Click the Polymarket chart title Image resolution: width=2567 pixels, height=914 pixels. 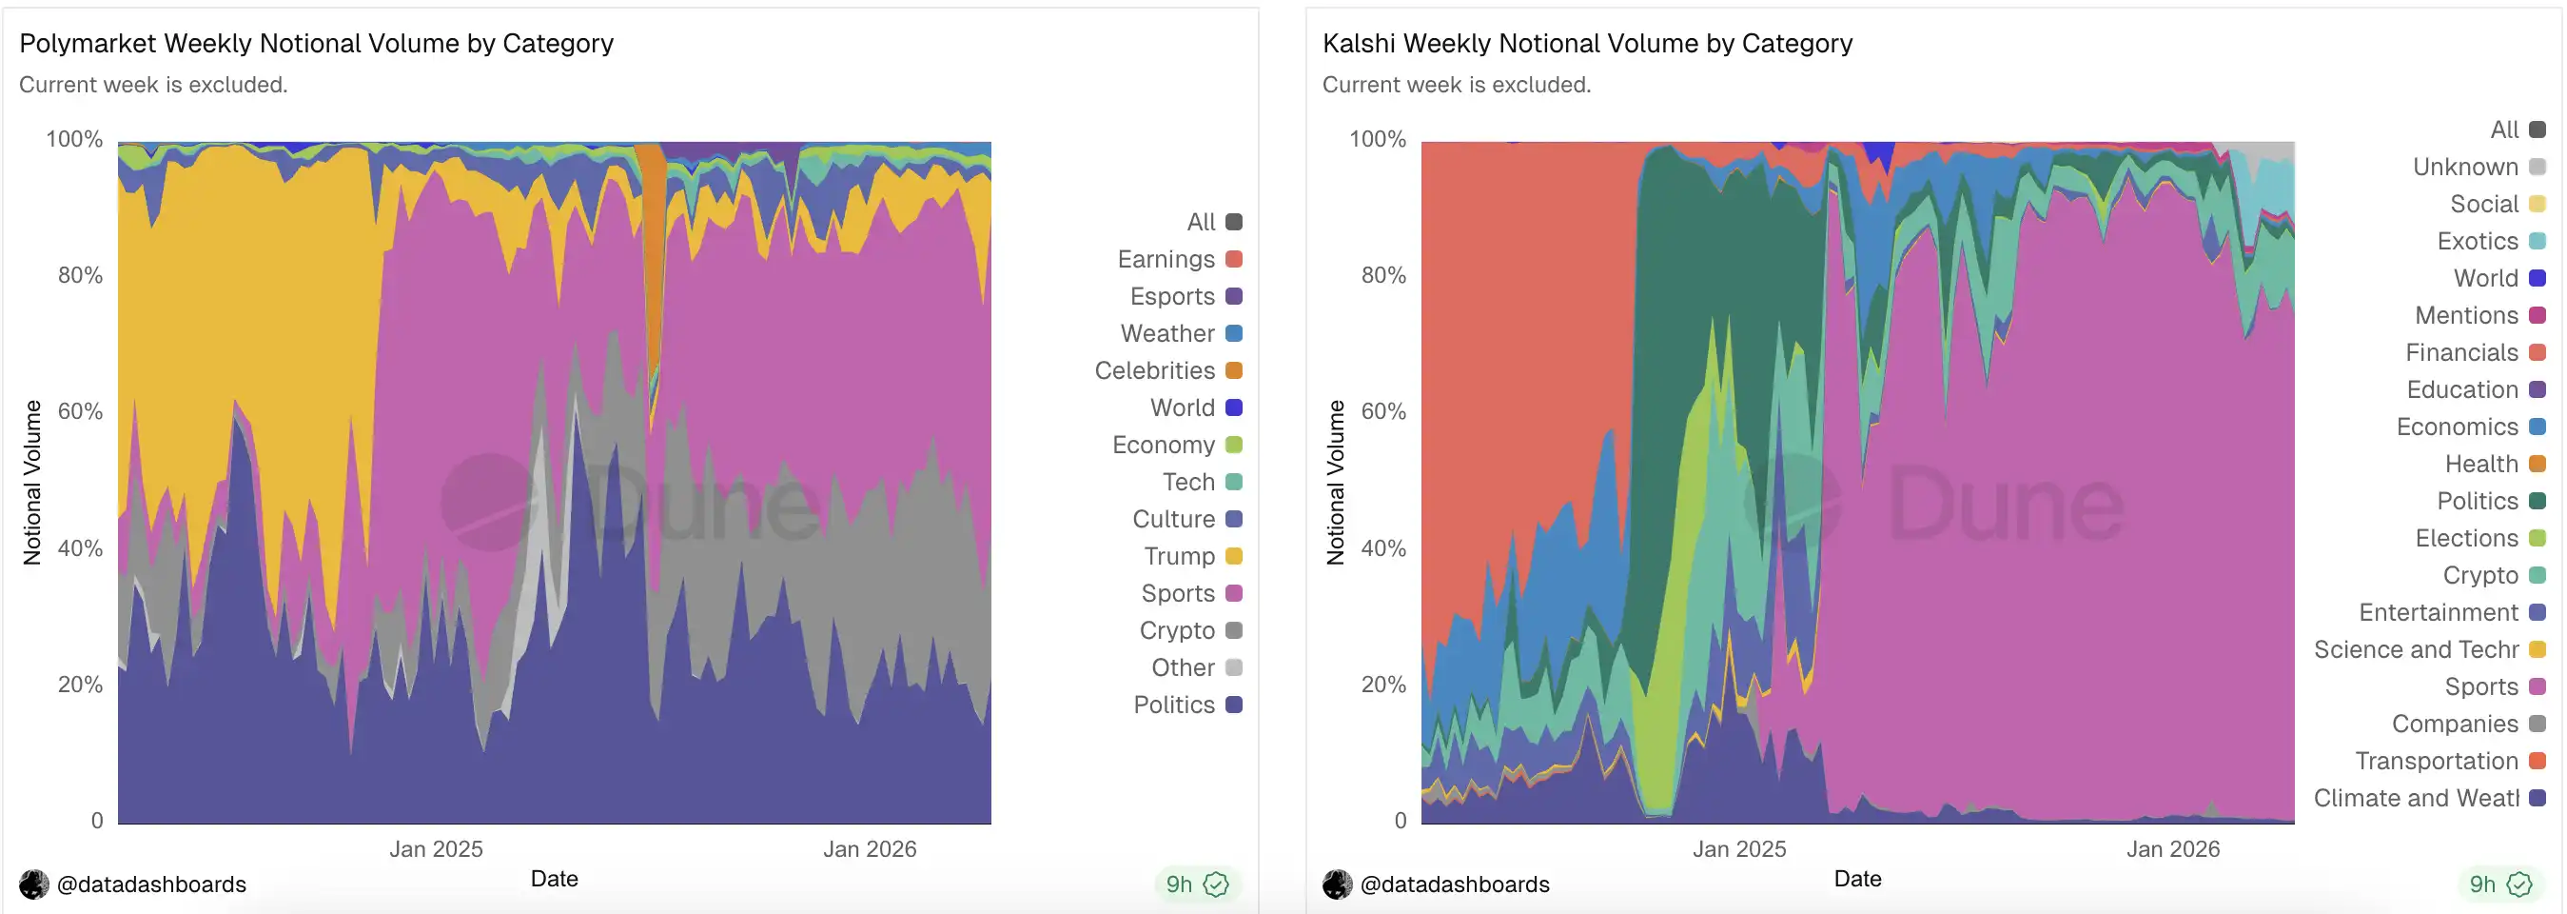(x=316, y=44)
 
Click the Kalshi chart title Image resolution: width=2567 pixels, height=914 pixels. (x=1586, y=44)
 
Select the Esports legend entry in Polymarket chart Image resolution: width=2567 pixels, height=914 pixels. (x=1185, y=297)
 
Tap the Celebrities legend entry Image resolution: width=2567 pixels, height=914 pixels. (x=1166, y=370)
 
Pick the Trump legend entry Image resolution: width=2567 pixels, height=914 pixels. (x=1192, y=556)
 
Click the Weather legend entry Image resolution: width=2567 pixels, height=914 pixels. (x=1180, y=334)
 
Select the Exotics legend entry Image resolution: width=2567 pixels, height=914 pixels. (x=2489, y=241)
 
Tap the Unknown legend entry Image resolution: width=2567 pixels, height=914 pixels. (x=2478, y=168)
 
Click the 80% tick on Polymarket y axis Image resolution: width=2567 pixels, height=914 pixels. (x=81, y=275)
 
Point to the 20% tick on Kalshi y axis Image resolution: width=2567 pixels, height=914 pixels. (x=1383, y=685)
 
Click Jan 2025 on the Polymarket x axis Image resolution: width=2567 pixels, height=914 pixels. (x=436, y=849)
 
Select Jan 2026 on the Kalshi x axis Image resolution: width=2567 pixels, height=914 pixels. (x=2172, y=849)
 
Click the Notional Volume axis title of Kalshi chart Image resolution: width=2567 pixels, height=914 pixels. (x=1335, y=483)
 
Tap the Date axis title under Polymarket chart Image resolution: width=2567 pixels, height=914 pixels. (x=554, y=879)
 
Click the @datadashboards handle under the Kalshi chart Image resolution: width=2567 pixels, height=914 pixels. (x=1453, y=884)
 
